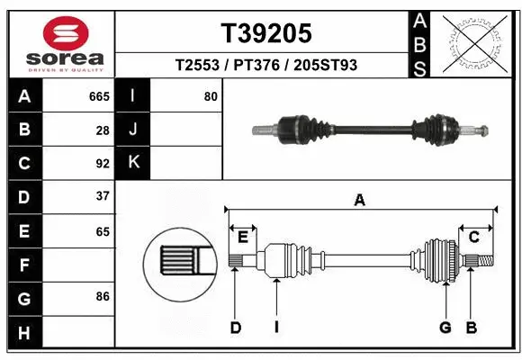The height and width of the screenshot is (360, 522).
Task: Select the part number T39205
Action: (x=266, y=33)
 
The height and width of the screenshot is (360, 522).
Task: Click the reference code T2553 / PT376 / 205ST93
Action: (x=266, y=66)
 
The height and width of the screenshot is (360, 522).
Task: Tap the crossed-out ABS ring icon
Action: (x=474, y=41)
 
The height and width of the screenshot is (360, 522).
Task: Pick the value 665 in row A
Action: (x=99, y=96)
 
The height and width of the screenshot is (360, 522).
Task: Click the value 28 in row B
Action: (x=103, y=130)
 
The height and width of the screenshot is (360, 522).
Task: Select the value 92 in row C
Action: (x=103, y=164)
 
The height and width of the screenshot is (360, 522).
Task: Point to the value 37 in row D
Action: (x=103, y=196)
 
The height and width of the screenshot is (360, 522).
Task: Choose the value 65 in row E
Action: (x=103, y=230)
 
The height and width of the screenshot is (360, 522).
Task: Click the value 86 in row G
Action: (x=103, y=296)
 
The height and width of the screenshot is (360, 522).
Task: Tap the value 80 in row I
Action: (x=211, y=96)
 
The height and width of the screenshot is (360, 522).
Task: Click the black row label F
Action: (x=24, y=265)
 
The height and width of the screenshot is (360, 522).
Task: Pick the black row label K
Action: (x=133, y=163)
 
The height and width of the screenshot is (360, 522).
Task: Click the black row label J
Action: (x=133, y=130)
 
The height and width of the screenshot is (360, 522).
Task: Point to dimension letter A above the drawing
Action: (x=360, y=201)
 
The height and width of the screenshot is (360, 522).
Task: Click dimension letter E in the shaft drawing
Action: (x=243, y=237)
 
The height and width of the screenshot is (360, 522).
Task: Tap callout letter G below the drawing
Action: (x=445, y=328)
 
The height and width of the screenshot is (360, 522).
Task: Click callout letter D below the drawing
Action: (x=235, y=328)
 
